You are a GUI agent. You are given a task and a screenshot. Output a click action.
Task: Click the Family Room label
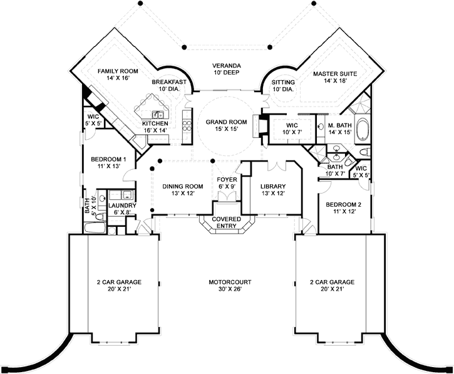click(x=117, y=75)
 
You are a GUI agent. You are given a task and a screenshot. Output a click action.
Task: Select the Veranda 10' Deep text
click(x=227, y=70)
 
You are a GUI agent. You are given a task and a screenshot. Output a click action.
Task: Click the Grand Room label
click(x=227, y=125)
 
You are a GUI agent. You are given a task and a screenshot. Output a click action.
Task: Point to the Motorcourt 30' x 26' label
click(x=226, y=286)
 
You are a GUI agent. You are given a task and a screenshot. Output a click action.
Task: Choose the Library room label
click(x=272, y=190)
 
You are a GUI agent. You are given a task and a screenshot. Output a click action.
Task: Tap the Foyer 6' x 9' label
click(x=226, y=183)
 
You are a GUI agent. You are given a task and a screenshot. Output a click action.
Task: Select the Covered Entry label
click(x=227, y=222)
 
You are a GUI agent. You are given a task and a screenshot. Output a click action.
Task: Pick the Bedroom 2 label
click(x=341, y=209)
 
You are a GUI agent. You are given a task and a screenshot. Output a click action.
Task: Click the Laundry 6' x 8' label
click(x=119, y=209)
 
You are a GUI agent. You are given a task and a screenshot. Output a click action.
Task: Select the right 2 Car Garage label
click(x=333, y=286)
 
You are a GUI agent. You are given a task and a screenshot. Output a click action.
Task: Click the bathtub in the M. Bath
click(x=363, y=129)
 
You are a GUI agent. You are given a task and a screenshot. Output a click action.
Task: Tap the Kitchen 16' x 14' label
click(x=155, y=127)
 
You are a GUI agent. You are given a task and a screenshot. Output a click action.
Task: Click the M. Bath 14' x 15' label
click(x=338, y=128)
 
